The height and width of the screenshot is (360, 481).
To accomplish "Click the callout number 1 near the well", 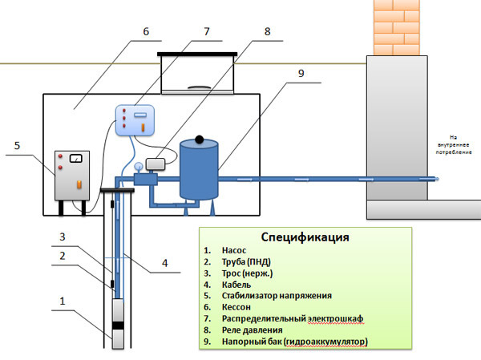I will [x=61, y=302].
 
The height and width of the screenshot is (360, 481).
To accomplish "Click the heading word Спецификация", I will [x=305, y=238].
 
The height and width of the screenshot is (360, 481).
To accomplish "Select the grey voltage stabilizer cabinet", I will [x=72, y=175].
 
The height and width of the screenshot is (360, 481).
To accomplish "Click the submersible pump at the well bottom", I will [x=119, y=324].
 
